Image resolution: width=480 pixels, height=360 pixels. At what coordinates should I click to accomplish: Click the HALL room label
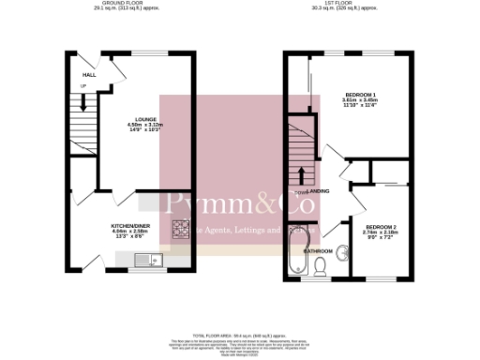coord(89,75)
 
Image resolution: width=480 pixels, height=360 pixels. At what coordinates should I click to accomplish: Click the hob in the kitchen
coord(180,230)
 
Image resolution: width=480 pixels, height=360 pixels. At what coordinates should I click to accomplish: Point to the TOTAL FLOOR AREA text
coord(239,334)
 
